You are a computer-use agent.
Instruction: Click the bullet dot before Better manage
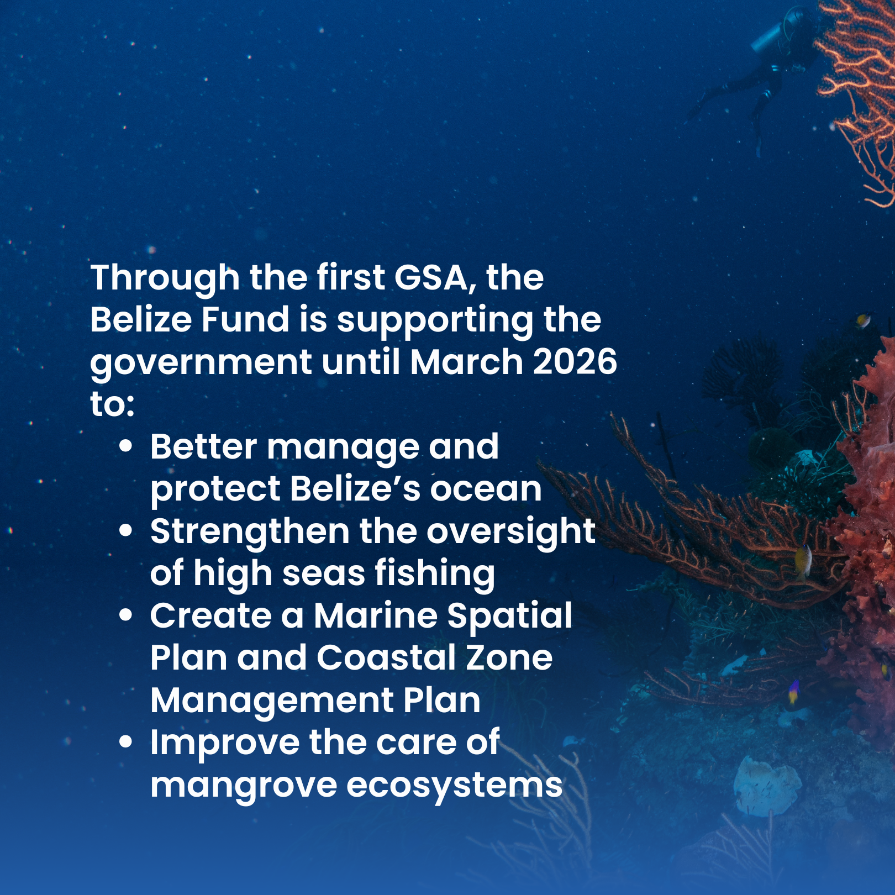click(x=126, y=446)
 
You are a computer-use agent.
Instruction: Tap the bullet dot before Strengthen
click(x=126, y=530)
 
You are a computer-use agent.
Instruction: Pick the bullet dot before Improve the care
click(x=126, y=742)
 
